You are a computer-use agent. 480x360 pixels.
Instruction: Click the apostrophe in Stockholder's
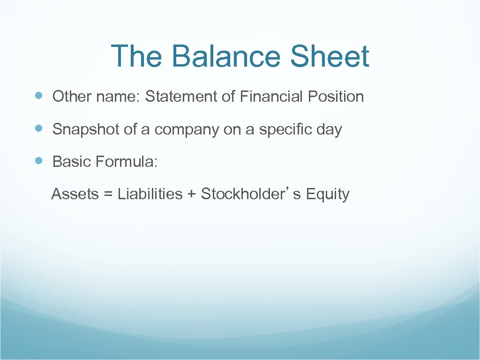(x=287, y=189)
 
